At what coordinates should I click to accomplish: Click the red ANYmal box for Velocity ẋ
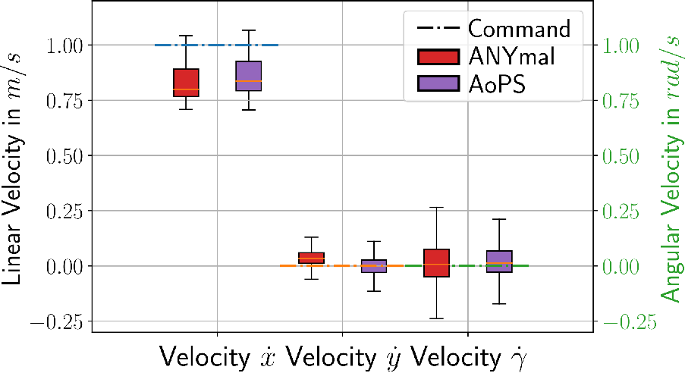pos(186,83)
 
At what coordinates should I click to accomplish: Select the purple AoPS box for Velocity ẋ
pos(249,76)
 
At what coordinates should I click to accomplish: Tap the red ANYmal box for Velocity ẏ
pos(312,258)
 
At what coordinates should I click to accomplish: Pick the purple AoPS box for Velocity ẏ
pos(374,266)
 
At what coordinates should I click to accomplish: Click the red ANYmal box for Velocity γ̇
pos(436,263)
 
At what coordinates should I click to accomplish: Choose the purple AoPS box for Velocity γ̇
pos(499,262)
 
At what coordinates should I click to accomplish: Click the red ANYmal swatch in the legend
pos(438,57)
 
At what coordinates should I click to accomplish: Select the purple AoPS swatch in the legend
pos(438,83)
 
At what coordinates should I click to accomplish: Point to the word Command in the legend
pos(519,29)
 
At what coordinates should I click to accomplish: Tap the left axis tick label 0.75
pos(64,101)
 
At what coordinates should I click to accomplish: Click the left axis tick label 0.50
pos(64,156)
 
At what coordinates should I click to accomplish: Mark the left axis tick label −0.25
pos(57,322)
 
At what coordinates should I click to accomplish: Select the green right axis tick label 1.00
pos(621,45)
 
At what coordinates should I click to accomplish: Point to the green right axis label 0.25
pos(621,212)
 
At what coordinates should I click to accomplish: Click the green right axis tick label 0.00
pos(621,266)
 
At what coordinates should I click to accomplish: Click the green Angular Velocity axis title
pos(671,168)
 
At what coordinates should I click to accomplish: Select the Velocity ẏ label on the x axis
pos(344,357)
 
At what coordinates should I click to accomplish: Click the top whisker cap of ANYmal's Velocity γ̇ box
pos(436,208)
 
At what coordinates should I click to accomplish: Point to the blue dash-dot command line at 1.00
pos(217,45)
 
